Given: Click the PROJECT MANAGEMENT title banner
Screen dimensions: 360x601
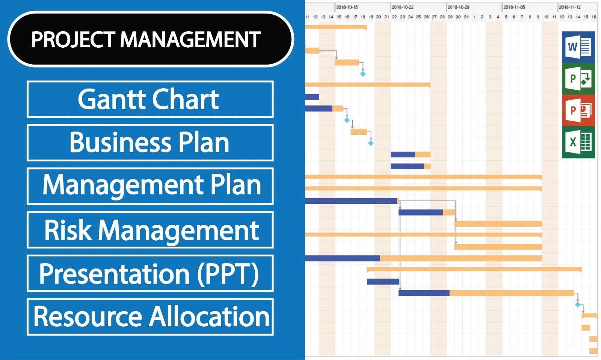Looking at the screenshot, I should (150, 39).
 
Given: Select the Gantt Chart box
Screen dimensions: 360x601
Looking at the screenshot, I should (150, 99).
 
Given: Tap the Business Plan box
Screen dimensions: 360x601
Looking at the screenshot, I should (150, 143).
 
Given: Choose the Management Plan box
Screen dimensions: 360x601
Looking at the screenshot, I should (150, 186).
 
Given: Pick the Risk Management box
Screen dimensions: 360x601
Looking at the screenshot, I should (150, 230).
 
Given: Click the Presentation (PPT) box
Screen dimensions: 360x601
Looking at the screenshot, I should (150, 273).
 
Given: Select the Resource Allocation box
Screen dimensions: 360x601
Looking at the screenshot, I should (150, 317).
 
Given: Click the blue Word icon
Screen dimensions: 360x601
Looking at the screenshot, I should (578, 47).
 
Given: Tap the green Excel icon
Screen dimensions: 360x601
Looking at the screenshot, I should (578, 142).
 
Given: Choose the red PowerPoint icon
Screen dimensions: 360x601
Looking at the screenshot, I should (578, 110).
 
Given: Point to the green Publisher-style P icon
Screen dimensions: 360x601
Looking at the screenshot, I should (578, 78).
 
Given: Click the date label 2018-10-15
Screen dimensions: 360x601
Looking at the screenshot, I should (347, 7).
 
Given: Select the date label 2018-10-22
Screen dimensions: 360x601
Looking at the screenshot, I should (402, 7).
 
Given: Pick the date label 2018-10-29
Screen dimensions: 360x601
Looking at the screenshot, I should (458, 7).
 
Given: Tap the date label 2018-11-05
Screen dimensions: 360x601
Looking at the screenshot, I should (514, 7).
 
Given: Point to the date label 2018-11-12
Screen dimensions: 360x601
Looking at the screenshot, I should (569, 7).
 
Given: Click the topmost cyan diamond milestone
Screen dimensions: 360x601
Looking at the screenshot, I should (363, 74).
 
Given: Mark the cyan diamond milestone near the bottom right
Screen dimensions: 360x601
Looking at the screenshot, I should (578, 305).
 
